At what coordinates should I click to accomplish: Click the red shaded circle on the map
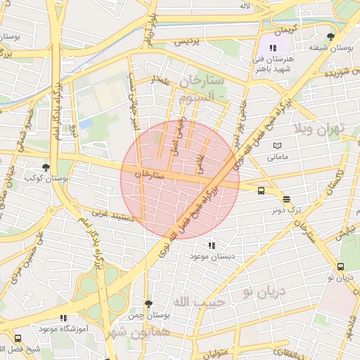pyautogui.click(x=180, y=179)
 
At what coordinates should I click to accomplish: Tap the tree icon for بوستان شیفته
pyautogui.click(x=330, y=37)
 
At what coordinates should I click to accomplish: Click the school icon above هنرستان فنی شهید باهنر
pyautogui.click(x=273, y=47)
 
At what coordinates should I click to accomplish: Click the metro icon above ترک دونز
pyautogui.click(x=285, y=199)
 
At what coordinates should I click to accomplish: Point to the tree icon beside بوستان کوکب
pyautogui.click(x=46, y=167)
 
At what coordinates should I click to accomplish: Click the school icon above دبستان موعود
pyautogui.click(x=212, y=245)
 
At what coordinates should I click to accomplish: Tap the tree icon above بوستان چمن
pyautogui.click(x=148, y=304)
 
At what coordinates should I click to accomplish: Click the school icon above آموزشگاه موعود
pyautogui.click(x=64, y=318)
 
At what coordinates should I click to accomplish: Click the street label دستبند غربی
pyautogui.click(x=112, y=214)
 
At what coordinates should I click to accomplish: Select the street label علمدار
pyautogui.click(x=161, y=82)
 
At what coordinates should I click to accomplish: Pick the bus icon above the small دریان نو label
pyautogui.click(x=341, y=266)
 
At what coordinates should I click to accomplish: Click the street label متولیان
pyautogui.click(x=218, y=352)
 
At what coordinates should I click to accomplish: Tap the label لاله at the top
pyautogui.click(x=245, y=6)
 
